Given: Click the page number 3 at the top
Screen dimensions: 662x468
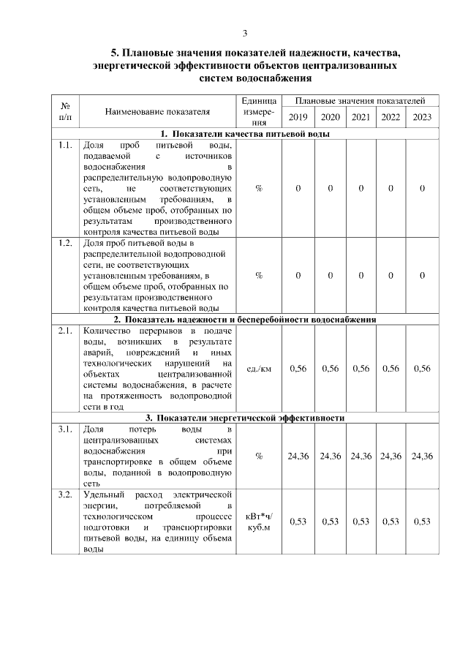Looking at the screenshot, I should coord(246,33).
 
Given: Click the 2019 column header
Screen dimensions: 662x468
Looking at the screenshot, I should coord(298,118).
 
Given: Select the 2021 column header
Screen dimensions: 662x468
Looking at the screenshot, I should coord(361,118).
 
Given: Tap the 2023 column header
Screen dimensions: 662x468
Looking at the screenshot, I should coord(422,118).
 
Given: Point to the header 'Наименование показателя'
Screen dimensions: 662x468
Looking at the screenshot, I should coord(157,112).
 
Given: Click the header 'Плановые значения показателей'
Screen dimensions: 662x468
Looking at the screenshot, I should coord(361,101).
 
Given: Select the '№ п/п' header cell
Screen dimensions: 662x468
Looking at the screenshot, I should coord(65,111).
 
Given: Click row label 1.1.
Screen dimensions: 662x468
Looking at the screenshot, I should coord(65,145).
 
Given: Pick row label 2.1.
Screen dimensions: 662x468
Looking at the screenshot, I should coord(65,331).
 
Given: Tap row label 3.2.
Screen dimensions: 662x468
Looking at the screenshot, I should coord(65,496).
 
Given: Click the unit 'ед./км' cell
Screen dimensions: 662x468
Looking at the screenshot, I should coord(260,369).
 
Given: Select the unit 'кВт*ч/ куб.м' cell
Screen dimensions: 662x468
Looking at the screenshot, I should coord(260,522).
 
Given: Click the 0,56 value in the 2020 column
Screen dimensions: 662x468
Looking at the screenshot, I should coord(330,369).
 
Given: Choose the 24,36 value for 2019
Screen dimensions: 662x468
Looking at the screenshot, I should coord(298,456).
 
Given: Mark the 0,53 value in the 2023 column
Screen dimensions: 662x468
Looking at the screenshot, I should coord(422,522).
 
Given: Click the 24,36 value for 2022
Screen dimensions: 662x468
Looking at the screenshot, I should coord(391,456).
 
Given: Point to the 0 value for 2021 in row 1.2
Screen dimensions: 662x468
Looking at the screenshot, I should coord(361,275).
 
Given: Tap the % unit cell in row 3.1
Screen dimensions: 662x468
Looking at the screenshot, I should coord(260,456).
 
